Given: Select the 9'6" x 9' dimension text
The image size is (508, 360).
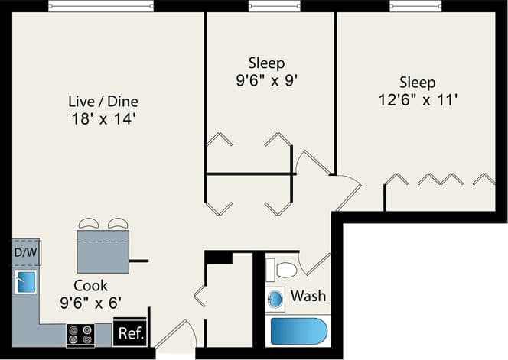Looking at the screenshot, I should tap(266, 79).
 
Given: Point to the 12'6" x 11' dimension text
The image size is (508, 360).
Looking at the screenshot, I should tap(417, 99).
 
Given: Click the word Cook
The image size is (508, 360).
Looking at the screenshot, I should tap(90, 284).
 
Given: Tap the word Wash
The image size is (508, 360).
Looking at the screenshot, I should tap(308, 295).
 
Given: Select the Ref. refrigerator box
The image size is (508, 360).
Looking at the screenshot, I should tap(129, 332).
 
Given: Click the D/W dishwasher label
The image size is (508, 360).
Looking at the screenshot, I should tap(27, 251).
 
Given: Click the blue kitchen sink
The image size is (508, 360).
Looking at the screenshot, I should tap(27, 282).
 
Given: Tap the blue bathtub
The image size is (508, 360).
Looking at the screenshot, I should tap(298, 332).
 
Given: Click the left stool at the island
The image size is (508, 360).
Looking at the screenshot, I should tap(88, 223).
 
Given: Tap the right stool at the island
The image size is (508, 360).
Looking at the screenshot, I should tap(117, 223).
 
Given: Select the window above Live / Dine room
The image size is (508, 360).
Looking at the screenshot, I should tap(103, 6).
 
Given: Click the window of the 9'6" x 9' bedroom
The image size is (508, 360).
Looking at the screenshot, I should tap(274, 6).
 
